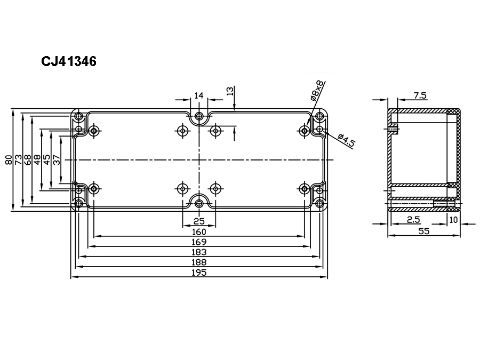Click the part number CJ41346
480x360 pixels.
(x=69, y=62)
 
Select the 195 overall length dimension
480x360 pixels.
(x=199, y=272)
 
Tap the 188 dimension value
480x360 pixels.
(x=199, y=262)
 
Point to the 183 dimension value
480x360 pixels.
(x=199, y=252)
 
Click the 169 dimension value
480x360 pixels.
(x=199, y=242)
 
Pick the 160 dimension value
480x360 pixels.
(x=199, y=232)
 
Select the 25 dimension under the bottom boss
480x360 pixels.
(x=199, y=221)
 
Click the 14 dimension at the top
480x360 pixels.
(x=199, y=95)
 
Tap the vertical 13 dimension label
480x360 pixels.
(x=230, y=91)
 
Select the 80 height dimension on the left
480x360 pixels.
(x=9, y=160)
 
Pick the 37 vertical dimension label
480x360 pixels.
(x=57, y=160)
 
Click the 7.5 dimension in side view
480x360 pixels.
(x=420, y=95)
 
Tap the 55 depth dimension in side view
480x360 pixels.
(x=423, y=231)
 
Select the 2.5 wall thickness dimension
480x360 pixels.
(x=413, y=220)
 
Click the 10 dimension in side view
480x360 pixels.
(x=454, y=220)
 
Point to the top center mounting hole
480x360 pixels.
(x=199, y=116)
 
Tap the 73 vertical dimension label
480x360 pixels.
(x=18, y=160)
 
